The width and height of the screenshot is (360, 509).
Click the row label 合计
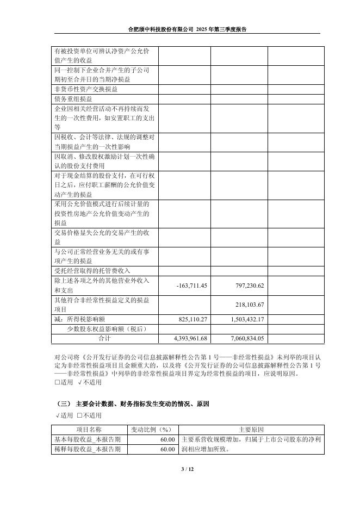point(104,338)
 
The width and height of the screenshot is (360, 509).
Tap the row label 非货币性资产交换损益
point(86,89)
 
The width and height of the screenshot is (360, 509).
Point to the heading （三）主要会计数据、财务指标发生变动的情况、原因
point(140,404)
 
